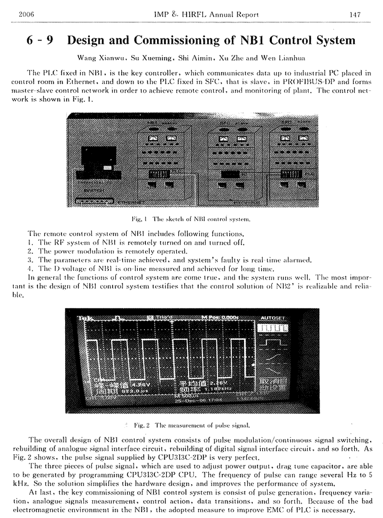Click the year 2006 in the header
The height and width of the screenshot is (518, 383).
click(x=24, y=15)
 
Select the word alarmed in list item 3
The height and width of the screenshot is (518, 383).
click(x=297, y=260)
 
